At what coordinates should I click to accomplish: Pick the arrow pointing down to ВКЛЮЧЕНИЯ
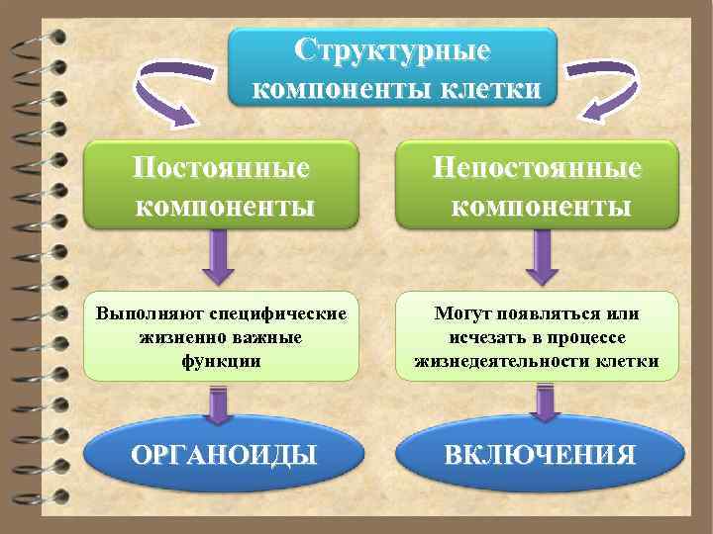541,405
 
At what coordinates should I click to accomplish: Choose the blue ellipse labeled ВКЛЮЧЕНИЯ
540,456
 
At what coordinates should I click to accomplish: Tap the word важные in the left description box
267,337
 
